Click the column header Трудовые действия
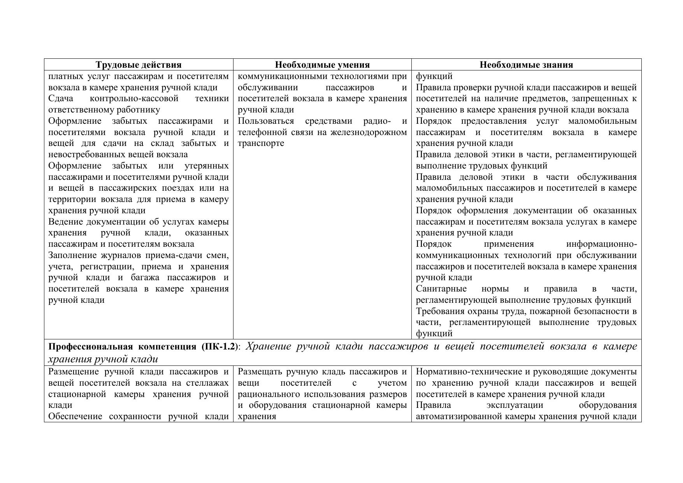click(139, 65)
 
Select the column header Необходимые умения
click(322, 65)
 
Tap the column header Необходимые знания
click(526, 65)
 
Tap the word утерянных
click(207, 166)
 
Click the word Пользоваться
click(266, 121)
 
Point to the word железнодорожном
click(369, 132)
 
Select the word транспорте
click(261, 143)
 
